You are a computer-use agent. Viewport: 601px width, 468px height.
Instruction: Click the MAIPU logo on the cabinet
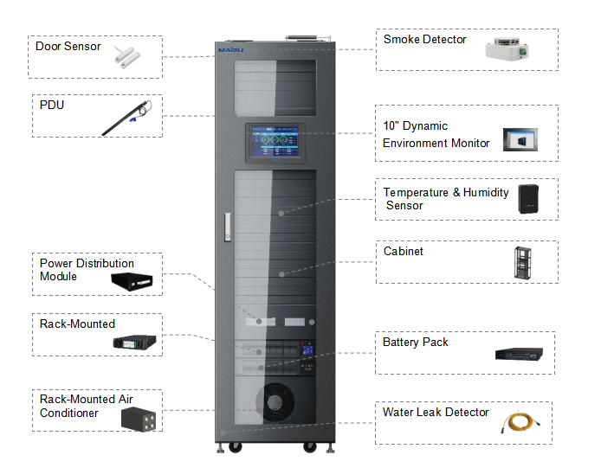230,50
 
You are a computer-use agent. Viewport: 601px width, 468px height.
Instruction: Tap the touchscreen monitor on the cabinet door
275,143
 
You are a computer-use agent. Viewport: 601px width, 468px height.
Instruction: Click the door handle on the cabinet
228,228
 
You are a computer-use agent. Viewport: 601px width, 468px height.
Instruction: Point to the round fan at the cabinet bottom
275,402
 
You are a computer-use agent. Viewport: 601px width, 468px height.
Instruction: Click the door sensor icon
127,57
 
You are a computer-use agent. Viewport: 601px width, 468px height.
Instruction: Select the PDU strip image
127,118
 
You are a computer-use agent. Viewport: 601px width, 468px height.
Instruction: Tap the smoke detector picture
507,48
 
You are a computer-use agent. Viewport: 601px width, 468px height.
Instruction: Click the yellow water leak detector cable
520,422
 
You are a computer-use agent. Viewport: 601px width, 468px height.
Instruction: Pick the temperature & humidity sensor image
528,199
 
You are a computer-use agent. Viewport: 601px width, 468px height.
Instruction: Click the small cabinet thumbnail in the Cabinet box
523,263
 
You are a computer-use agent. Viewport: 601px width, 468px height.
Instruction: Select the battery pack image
519,355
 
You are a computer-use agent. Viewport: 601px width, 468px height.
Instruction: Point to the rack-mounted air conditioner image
139,420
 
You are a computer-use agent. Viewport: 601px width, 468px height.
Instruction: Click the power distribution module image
132,281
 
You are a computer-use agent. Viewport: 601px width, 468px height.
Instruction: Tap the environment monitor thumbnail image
520,139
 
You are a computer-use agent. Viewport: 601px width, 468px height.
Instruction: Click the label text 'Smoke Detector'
424,40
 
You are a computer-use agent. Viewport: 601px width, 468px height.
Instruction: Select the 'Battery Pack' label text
415,342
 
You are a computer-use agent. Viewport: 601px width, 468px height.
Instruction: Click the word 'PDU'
52,105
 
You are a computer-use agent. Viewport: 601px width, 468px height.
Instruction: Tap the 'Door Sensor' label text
68,47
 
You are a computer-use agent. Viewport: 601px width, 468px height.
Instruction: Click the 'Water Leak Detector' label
436,412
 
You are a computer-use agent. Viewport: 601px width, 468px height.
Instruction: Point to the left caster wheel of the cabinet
235,447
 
